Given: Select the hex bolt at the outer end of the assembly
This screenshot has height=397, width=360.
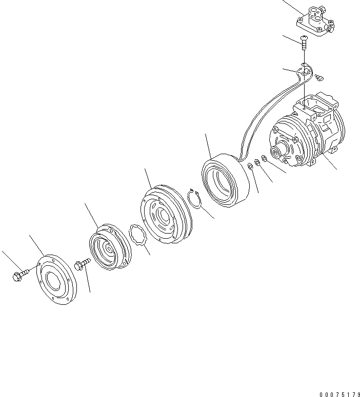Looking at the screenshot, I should (18, 276).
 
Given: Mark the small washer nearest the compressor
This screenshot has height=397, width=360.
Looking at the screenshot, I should (264, 159).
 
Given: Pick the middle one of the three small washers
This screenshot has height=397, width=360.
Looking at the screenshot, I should (257, 162).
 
